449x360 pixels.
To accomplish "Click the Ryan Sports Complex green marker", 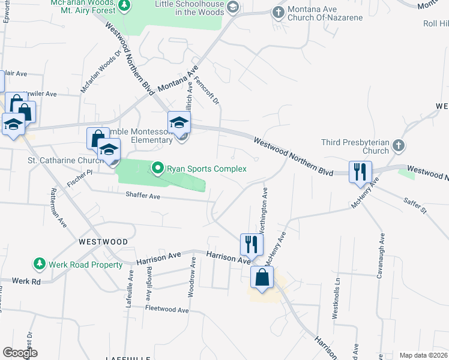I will tap(158, 169).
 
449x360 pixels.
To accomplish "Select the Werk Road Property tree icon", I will tap(39, 264).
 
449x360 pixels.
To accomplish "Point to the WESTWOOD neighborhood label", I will tap(103, 241).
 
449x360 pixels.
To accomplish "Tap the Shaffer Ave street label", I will tap(143, 196).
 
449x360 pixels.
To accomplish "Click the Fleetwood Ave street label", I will tap(167, 309).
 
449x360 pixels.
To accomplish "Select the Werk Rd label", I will tap(28, 281).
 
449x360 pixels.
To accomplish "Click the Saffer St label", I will tap(415, 207).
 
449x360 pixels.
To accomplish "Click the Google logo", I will tap(20, 353).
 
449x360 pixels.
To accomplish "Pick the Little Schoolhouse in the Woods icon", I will tap(233, 8).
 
